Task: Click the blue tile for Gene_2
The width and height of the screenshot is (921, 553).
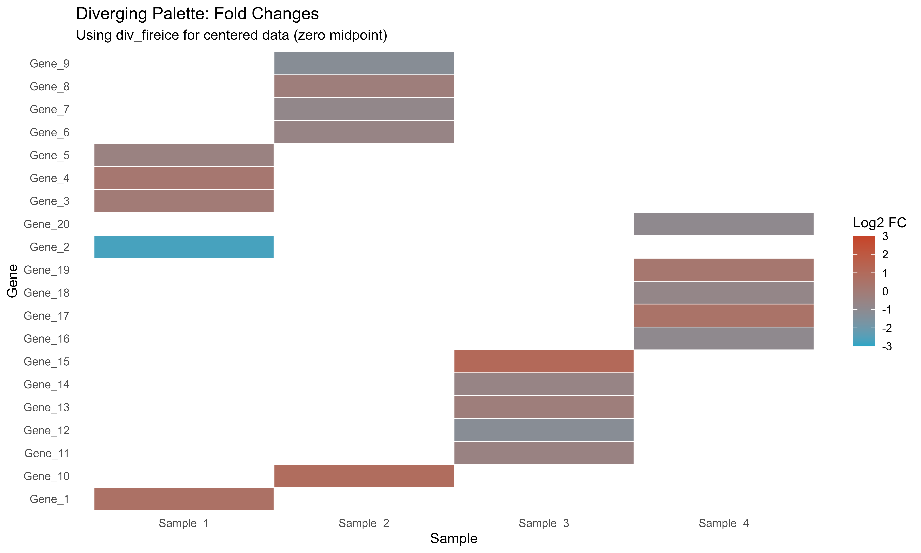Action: tap(184, 247)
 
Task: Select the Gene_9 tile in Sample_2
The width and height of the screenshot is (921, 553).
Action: tap(364, 63)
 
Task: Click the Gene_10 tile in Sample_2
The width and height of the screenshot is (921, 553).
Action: tap(364, 476)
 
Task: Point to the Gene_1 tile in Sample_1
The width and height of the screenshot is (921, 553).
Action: tap(184, 499)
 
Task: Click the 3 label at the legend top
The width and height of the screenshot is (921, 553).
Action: tap(885, 236)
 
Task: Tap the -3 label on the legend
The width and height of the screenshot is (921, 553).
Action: tap(887, 347)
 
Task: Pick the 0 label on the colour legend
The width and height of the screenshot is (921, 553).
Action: tap(885, 291)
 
